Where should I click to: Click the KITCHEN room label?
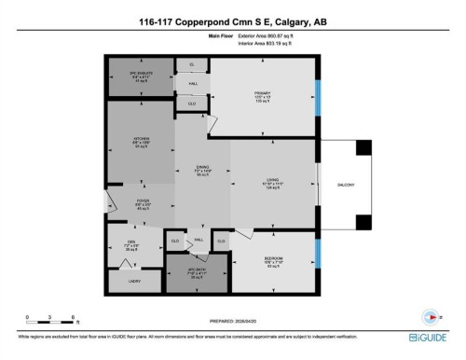[x=141, y=138]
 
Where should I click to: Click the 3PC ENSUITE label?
[x=140, y=73]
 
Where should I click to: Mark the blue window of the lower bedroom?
[x=317, y=253]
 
